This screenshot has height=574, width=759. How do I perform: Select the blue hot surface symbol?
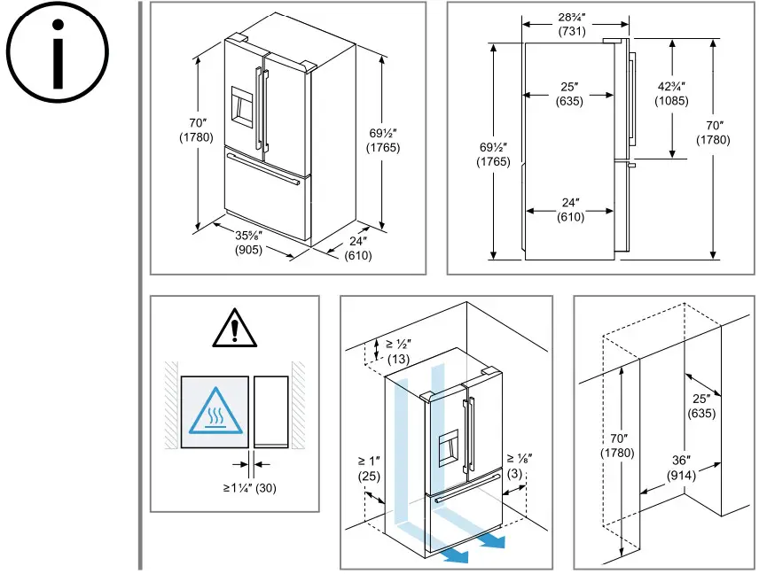point(215,412)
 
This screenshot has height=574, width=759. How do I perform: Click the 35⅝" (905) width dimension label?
point(247,243)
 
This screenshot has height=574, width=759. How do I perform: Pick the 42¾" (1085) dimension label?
point(670,93)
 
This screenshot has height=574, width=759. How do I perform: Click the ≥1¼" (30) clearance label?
point(250,486)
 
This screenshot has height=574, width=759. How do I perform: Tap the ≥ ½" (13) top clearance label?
point(399,351)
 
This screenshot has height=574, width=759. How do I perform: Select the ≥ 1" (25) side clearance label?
point(369,469)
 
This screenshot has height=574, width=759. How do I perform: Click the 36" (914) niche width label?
point(681,468)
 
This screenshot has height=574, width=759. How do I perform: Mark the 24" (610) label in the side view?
point(569,210)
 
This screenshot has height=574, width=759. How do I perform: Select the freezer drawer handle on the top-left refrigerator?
point(262,169)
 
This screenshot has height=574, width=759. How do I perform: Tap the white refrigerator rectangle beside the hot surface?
point(271,412)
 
